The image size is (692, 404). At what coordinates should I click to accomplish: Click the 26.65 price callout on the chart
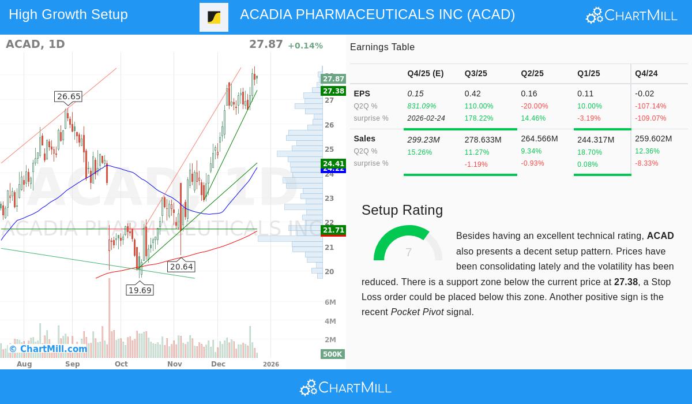pyautogui.click(x=69, y=96)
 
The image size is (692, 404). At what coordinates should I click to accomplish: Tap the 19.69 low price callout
pyautogui.click(x=140, y=290)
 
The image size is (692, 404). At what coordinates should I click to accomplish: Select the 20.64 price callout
pyautogui.click(x=181, y=267)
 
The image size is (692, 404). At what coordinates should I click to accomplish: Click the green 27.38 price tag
pyautogui.click(x=333, y=91)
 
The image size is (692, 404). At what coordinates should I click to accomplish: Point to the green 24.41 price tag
pyautogui.click(x=333, y=163)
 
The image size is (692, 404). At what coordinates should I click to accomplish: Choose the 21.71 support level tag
pyautogui.click(x=333, y=230)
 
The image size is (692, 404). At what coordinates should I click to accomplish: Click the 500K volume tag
pyautogui.click(x=332, y=354)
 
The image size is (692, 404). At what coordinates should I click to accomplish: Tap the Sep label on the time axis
pyautogui.click(x=73, y=364)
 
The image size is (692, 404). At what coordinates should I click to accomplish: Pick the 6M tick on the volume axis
pyautogui.click(x=330, y=302)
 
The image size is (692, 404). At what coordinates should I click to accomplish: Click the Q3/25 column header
pyautogui.click(x=476, y=74)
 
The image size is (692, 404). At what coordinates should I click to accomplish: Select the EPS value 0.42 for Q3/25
pyautogui.click(x=473, y=93)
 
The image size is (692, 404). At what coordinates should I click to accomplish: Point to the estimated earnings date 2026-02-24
pyautogui.click(x=426, y=118)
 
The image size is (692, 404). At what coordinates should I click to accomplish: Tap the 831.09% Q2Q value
pyautogui.click(x=422, y=106)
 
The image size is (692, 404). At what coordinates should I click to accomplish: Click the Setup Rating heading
pyautogui.click(x=402, y=210)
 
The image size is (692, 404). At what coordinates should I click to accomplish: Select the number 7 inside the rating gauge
pyautogui.click(x=408, y=252)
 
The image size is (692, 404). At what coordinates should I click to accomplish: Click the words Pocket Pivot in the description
pyautogui.click(x=417, y=312)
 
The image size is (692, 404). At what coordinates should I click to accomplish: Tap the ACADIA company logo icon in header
pyautogui.click(x=214, y=17)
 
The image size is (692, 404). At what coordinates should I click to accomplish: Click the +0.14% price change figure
pyautogui.click(x=305, y=46)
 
